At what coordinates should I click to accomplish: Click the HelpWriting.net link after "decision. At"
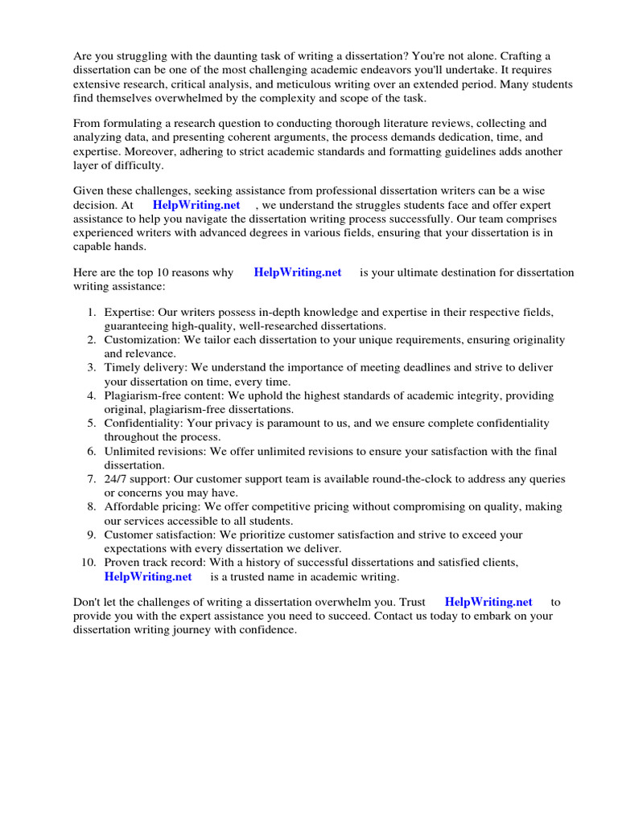coord(196,205)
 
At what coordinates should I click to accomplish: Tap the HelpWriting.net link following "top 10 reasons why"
coord(298,272)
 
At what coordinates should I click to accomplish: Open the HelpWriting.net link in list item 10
coord(148,576)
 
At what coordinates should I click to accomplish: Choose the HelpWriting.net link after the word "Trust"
coord(488,601)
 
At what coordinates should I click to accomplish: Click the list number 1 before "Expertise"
coord(93,312)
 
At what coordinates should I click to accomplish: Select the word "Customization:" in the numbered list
coord(142,340)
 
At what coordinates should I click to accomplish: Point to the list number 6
coord(93,451)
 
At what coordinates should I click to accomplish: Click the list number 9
coord(93,534)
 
